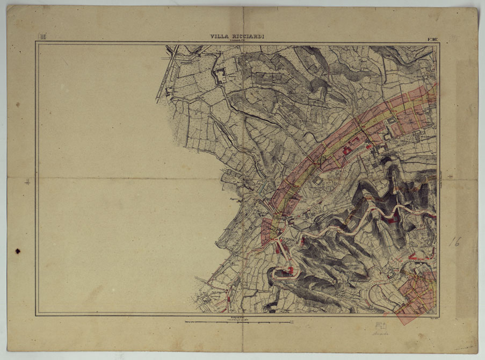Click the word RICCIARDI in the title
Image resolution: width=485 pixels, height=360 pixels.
click(x=248, y=37)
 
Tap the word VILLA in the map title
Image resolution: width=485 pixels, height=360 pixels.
click(x=220, y=37)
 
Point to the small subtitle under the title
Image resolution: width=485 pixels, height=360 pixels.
click(x=237, y=40)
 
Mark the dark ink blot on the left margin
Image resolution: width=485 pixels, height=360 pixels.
click(x=18, y=251)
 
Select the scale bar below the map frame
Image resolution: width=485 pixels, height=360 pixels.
click(x=238, y=323)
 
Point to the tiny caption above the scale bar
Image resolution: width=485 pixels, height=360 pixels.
click(x=238, y=319)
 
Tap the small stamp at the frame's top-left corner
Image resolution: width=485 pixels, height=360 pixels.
click(x=42, y=37)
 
